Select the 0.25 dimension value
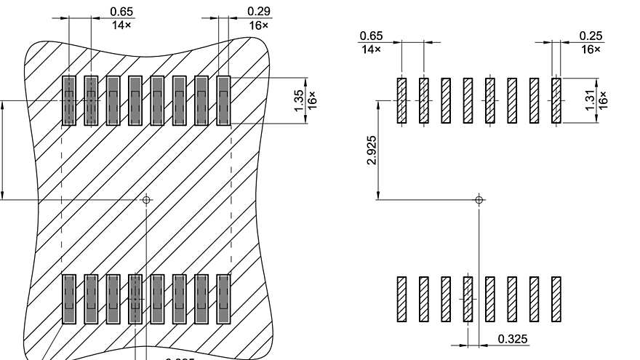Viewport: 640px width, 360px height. (x=591, y=36)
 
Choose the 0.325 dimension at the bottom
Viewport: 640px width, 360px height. (x=513, y=339)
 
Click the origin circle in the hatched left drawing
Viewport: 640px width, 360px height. (x=146, y=199)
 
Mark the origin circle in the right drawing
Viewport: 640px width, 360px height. (x=479, y=199)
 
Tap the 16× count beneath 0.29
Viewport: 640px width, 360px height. (x=258, y=25)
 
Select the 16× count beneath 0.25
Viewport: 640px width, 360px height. (x=591, y=49)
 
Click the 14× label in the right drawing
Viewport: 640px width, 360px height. (x=371, y=49)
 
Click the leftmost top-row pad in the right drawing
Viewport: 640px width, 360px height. (x=401, y=100)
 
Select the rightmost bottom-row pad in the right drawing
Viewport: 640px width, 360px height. (x=556, y=299)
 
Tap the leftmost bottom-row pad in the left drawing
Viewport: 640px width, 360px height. (x=69, y=299)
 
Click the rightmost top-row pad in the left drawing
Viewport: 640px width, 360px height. (x=223, y=100)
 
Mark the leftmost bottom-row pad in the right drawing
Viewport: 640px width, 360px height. (x=401, y=299)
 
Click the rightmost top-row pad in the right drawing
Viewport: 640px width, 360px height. (x=556, y=100)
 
